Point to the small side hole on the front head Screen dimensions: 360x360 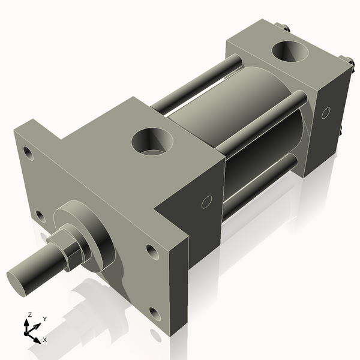tap(206, 202)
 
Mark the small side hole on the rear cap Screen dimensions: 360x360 tap(326, 112)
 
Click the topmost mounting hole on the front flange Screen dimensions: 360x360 tap(28, 152)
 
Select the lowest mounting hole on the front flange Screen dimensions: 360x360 tap(155, 313)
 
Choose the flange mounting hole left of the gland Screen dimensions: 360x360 tap(40, 214)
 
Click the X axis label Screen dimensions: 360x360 tap(44, 340)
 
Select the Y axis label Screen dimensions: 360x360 tap(44, 319)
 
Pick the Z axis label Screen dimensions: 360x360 tap(28, 314)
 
